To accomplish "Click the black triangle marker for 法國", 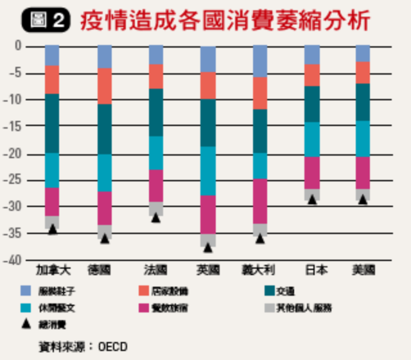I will point(155,218).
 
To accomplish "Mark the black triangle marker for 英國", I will point(207,247).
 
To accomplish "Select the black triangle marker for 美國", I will point(363,199).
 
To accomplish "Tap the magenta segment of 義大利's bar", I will point(260,201).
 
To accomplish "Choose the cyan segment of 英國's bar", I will point(207,171).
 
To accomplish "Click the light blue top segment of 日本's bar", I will point(312,55).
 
